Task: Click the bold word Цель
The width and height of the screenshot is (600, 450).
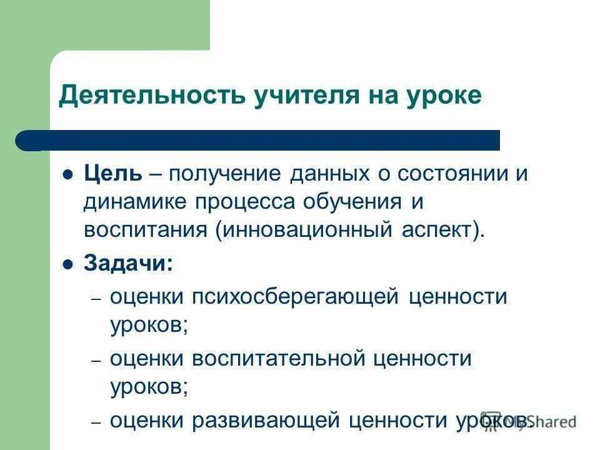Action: pos(112,173)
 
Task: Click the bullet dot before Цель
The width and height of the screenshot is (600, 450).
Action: pos(69,174)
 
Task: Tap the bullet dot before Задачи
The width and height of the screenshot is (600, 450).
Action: pos(69,264)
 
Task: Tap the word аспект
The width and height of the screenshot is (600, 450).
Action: pos(438,229)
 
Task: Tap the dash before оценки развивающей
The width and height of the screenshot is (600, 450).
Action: pos(96,422)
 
